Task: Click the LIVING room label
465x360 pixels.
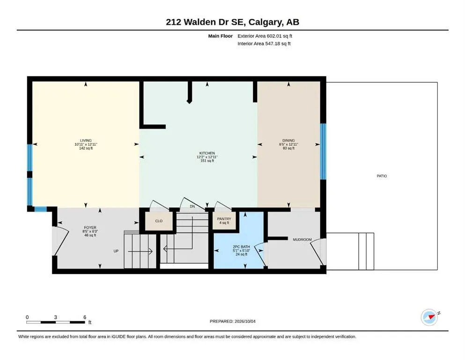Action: pos(86,140)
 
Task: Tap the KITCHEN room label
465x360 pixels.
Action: pos(207,153)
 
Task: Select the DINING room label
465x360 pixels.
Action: pos(288,140)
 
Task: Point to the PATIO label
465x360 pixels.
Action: pos(382,176)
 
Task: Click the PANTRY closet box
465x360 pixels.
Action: pos(224,220)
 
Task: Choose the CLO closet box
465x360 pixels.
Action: pos(159,221)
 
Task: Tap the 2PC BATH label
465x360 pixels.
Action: pos(241,247)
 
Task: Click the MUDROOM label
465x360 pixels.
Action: pos(302,240)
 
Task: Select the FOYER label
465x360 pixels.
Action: pos(90,228)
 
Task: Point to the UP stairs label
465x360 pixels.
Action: pos(116,251)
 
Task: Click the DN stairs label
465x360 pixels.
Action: pos(192,206)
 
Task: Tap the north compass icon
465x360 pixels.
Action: pos(429,317)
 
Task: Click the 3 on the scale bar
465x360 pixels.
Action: pos(55,317)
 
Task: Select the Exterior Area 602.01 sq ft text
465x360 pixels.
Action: pos(265,36)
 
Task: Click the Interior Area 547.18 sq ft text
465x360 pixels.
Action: pos(264,44)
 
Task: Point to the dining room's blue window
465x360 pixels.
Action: pos(323,152)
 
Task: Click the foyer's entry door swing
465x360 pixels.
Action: pos(61,241)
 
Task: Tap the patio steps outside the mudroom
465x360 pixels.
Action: pos(366,251)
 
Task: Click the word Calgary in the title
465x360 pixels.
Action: pos(266,22)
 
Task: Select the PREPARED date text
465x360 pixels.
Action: pos(232,321)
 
